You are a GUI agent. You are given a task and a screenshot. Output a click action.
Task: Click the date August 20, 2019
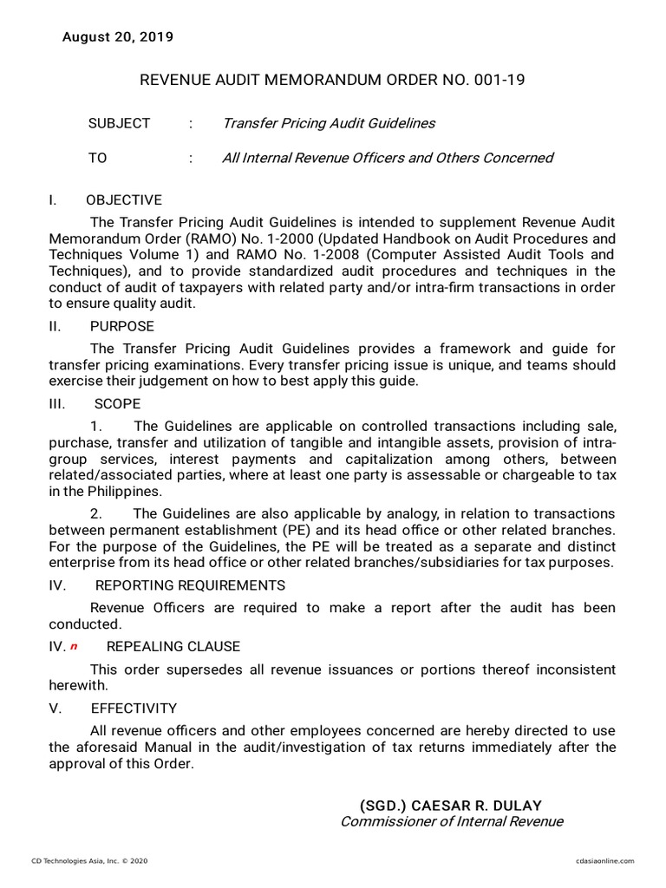point(117,36)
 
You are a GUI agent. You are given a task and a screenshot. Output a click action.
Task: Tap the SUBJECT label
point(119,123)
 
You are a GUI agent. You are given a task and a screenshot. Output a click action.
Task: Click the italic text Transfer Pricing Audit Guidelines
point(329,123)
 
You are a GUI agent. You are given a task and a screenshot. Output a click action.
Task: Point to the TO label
point(97,158)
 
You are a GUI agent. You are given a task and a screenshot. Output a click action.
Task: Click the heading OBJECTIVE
point(126,199)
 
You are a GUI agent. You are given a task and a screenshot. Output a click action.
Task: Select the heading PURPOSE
point(121,326)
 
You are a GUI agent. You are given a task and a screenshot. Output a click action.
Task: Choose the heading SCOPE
point(117,404)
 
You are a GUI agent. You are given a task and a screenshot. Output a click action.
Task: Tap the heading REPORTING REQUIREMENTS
point(190,585)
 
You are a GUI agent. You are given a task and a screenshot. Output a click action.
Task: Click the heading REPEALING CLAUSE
point(173,647)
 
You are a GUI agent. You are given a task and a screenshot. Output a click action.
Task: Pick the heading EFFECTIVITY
point(134,708)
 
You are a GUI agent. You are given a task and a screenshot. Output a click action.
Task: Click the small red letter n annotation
point(74,647)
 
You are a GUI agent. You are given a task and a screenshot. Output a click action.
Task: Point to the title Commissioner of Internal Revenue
point(451,821)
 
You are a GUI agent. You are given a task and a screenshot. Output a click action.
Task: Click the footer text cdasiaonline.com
point(604,860)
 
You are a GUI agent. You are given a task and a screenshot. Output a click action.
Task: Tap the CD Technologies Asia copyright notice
point(90,860)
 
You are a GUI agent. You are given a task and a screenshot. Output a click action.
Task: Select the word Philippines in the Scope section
point(113,490)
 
